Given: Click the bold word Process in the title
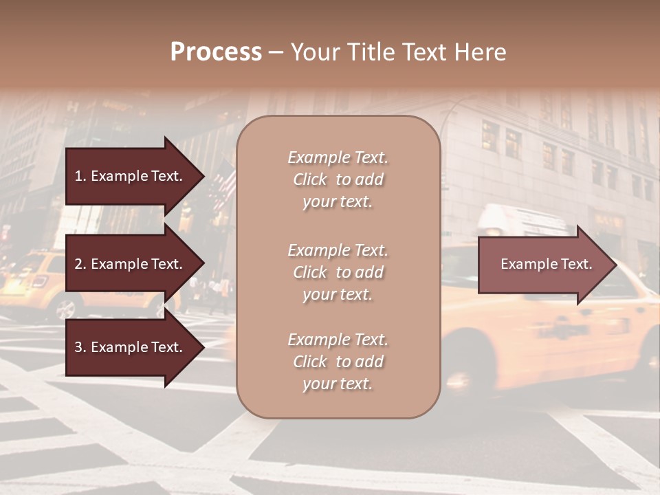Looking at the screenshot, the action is coord(216,52).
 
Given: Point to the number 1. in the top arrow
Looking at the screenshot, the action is coord(80,176).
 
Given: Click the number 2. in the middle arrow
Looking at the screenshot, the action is coord(80,264).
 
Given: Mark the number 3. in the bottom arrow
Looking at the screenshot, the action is coord(80,347).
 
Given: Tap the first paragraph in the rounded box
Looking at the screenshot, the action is coord(338,179).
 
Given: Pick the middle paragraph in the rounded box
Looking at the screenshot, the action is coord(338,272).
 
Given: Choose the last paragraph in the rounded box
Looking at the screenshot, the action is coord(338,362).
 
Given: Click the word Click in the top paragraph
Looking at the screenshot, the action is coord(309,179).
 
